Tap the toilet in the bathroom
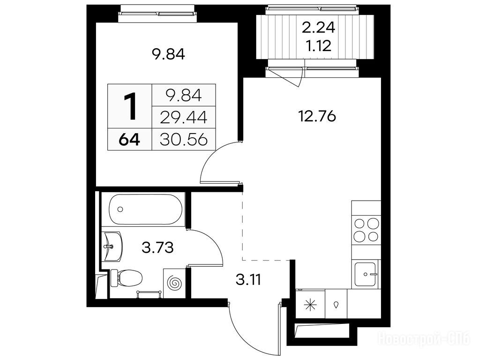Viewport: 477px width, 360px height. click(126, 277)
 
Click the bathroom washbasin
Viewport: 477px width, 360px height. click(113, 247)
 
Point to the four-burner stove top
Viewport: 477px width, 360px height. click(366, 230)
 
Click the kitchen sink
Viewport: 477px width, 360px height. click(366, 274)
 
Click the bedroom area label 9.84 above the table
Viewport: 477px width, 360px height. click(168, 55)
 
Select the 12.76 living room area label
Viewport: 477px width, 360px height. click(318, 116)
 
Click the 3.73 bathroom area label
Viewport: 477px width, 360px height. click(157, 247)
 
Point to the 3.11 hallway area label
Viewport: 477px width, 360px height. click(248, 280)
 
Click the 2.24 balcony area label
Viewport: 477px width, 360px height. click(318, 28)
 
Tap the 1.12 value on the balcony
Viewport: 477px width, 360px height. click(319, 46)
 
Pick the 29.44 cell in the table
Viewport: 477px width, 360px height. click(184, 118)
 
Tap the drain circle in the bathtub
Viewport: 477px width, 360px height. click(120, 209)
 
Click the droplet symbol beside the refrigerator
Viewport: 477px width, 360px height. click(336, 305)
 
